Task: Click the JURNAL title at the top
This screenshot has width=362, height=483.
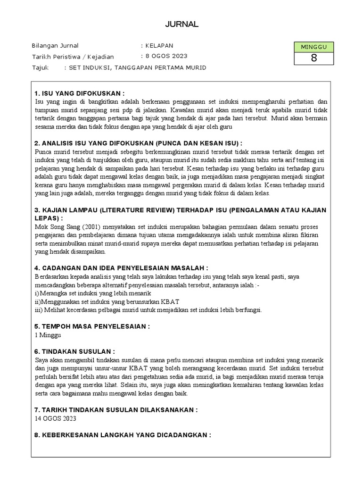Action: coord(181,24)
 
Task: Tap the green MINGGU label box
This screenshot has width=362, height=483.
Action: coord(313,47)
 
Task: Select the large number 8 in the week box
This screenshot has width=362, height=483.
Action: coord(313,58)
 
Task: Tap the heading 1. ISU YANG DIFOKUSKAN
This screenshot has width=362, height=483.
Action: coord(80,93)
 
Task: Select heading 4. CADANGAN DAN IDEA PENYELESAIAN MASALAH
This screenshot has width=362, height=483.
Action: coord(121,267)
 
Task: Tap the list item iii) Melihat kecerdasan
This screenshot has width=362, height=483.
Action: coord(148,310)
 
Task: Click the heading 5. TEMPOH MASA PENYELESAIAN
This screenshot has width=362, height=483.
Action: coord(92,326)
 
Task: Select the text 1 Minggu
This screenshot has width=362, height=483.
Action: coord(48,335)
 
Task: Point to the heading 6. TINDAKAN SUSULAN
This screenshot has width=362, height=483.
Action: coord(75,351)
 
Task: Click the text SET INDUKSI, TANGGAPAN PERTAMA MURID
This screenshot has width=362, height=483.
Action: coord(137,67)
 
